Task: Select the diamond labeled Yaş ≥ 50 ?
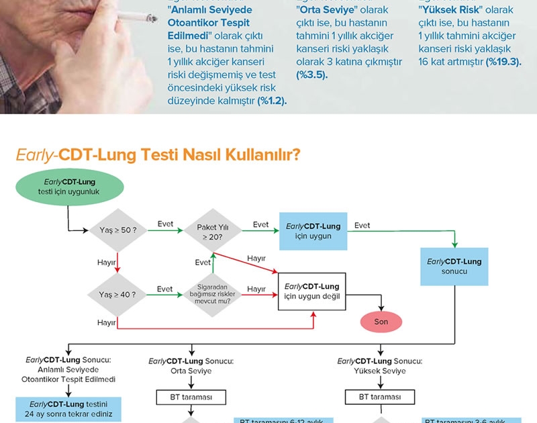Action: [117, 230]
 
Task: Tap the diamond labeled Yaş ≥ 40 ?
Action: [117, 293]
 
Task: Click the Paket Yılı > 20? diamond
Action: [212, 231]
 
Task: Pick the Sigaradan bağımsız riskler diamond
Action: [212, 293]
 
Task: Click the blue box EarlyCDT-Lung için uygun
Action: [312, 231]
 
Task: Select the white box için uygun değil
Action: [312, 291]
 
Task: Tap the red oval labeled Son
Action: [381, 322]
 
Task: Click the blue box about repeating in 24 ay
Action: [69, 409]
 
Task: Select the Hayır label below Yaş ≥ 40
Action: [107, 322]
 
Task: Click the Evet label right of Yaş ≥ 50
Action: [165, 224]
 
